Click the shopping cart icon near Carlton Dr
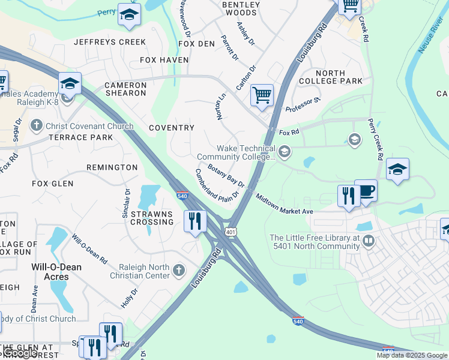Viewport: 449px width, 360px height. (262, 95)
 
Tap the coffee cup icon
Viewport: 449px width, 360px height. (366, 191)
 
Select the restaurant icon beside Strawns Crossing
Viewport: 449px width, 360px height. (194, 220)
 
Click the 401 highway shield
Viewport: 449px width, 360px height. (231, 231)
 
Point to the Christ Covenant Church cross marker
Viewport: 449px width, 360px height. (37, 126)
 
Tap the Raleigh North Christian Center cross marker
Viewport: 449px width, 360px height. (178, 271)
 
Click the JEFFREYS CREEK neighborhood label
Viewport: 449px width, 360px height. (110, 42)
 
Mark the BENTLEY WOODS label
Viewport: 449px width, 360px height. (240, 8)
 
